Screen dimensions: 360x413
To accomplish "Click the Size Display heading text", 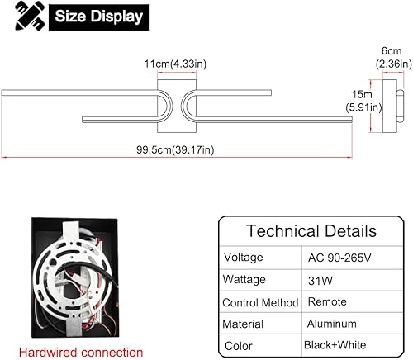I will click(98, 17).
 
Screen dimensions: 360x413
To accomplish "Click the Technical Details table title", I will click(311, 231).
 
